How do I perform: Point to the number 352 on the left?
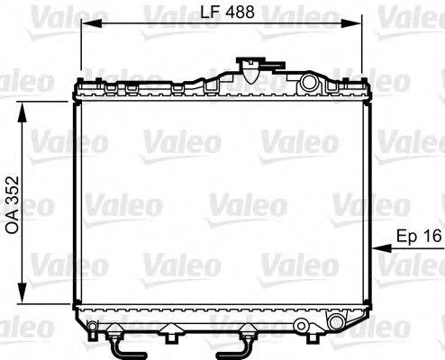(12, 184)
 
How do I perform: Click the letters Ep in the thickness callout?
(406, 236)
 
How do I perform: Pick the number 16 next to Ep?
(431, 236)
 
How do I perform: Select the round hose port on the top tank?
(311, 84)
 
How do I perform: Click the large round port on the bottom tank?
(337, 322)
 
